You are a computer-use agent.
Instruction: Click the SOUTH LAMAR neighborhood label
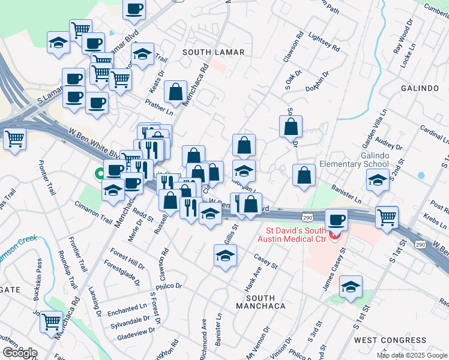214,52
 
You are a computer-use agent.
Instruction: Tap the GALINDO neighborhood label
420,88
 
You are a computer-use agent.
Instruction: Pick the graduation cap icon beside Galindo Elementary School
378,179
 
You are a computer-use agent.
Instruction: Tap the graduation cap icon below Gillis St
226,255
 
